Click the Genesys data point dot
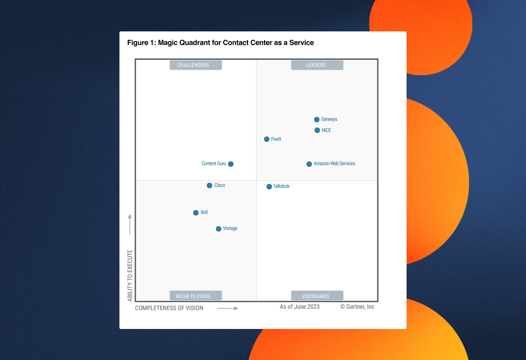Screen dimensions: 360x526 [317, 120]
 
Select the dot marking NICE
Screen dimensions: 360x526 [317, 130]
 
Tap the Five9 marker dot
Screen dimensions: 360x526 [267, 139]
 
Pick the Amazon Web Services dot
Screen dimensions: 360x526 [309, 164]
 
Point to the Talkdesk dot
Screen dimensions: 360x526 [269, 187]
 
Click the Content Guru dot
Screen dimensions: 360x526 [231, 164]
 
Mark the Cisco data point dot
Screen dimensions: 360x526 [209, 185]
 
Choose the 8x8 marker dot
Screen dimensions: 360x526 [196, 212]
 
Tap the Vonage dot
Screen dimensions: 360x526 [218, 229]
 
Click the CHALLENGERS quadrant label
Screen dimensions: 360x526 [195, 65]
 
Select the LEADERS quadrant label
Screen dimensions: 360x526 [317, 65]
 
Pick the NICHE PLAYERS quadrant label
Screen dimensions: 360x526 [195, 296]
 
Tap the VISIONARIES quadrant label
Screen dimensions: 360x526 [317, 296]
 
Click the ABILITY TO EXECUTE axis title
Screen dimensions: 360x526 [130, 275]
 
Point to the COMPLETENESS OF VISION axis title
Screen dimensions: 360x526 [169, 308]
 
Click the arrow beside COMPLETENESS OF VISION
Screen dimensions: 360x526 [228, 309]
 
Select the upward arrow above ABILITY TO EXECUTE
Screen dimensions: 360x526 [130, 225]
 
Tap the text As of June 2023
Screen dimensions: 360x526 [300, 307]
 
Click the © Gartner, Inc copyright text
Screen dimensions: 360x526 [357, 307]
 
